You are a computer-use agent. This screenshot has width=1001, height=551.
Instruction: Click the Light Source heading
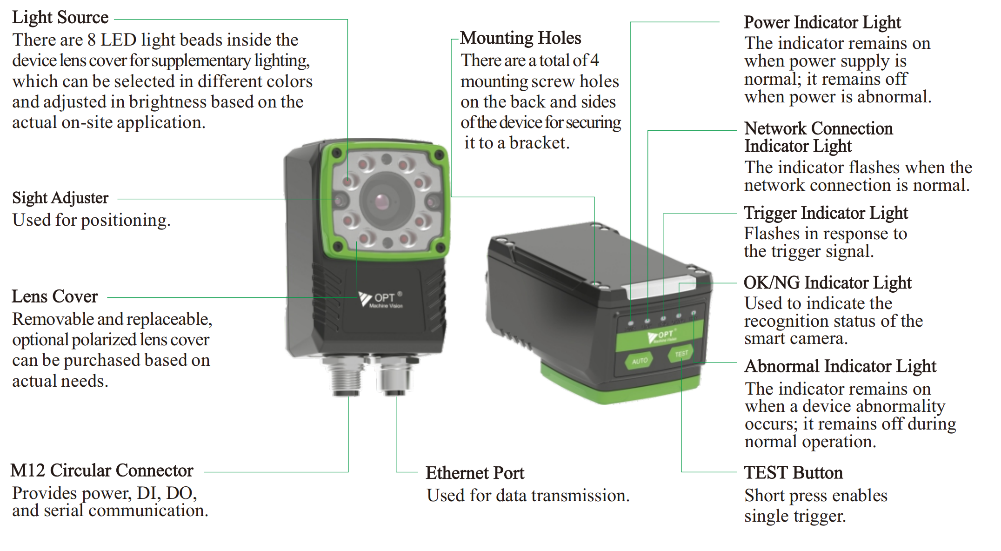pyautogui.click(x=60, y=18)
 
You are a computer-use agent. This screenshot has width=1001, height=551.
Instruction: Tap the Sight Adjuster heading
pyautogui.click(x=60, y=198)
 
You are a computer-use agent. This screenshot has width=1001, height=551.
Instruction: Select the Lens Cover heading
pyautogui.click(x=55, y=296)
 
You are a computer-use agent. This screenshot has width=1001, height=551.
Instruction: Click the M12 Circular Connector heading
pyautogui.click(x=102, y=470)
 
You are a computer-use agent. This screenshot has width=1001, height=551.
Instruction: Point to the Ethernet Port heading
pyautogui.click(x=475, y=473)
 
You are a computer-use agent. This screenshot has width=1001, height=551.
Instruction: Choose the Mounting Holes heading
pyautogui.click(x=521, y=38)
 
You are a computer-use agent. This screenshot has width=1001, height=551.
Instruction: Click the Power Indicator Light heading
pyautogui.click(x=822, y=22)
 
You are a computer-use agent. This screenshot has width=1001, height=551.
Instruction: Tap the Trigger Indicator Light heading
pyautogui.click(x=826, y=213)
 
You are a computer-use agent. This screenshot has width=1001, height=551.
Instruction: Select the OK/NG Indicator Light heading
pyautogui.click(x=827, y=283)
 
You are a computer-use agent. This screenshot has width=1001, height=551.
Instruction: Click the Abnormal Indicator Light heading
pyautogui.click(x=841, y=366)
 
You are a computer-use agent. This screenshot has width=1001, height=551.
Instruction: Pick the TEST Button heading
pyautogui.click(x=794, y=473)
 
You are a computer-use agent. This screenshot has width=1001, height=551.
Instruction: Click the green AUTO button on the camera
pyautogui.click(x=640, y=361)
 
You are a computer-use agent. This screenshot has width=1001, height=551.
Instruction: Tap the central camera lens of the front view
pyautogui.click(x=382, y=202)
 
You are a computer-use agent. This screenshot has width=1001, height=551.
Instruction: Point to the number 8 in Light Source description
pyautogui.click(x=92, y=40)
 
